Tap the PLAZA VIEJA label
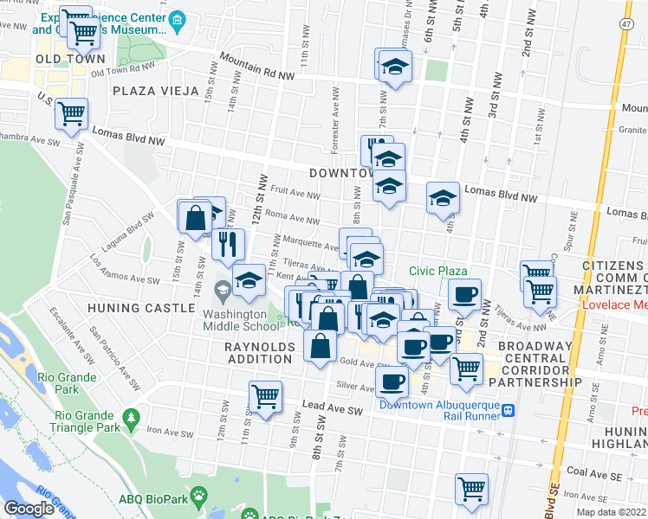coord(155,90)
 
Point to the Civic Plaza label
coord(438,272)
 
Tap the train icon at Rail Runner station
coord(509,411)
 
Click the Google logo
coord(29,509)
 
